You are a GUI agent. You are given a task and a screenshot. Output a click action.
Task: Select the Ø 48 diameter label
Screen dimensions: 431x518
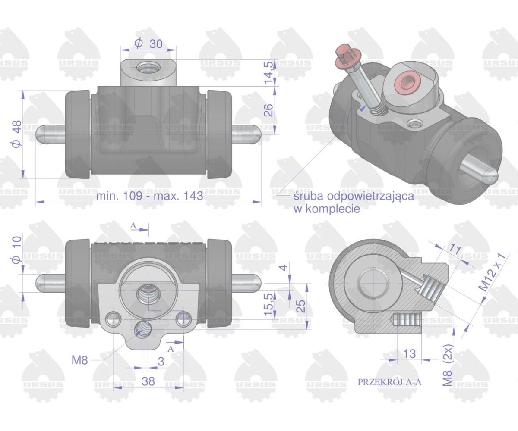[x=17, y=134]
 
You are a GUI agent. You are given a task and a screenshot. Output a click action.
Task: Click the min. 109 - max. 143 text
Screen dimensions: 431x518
[x=149, y=196]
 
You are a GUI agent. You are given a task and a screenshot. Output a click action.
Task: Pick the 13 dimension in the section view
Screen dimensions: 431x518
[x=409, y=353]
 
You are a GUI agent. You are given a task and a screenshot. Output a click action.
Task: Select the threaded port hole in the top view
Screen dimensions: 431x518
[x=148, y=67]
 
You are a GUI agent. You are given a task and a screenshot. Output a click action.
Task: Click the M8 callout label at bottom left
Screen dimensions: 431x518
[x=79, y=360]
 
